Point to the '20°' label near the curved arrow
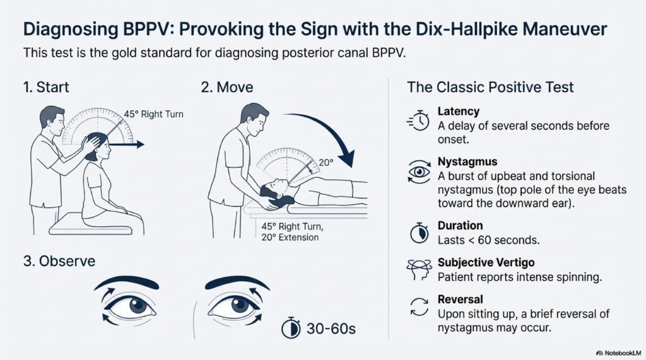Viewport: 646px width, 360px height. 326,162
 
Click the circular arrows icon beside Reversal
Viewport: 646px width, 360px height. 418,308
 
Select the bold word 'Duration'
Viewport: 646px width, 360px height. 460,226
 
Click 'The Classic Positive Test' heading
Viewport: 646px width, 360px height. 490,87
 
